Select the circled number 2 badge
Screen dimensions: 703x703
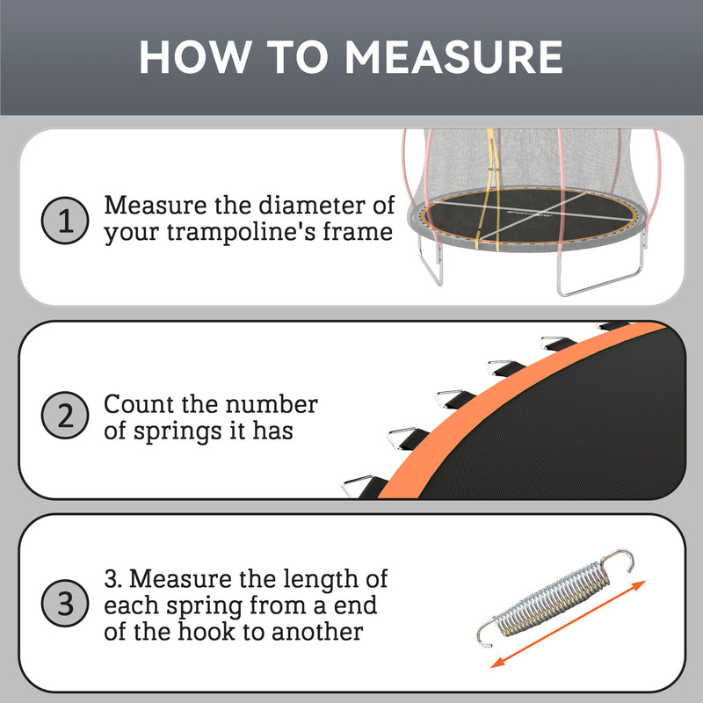pyautogui.click(x=65, y=416)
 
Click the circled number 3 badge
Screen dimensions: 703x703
pyautogui.click(x=65, y=605)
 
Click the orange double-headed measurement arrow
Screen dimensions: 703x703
pyautogui.click(x=568, y=624)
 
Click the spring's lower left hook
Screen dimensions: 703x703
pyautogui.click(x=484, y=630)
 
